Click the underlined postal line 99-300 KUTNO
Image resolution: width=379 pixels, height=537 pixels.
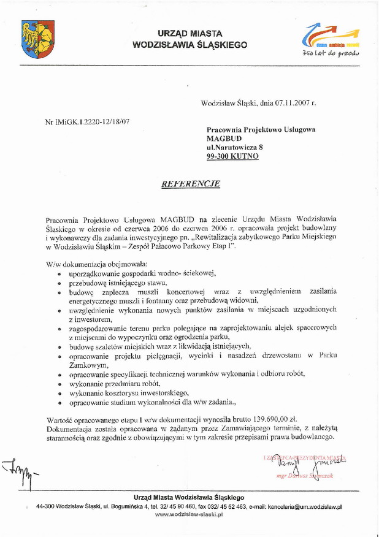[232, 157]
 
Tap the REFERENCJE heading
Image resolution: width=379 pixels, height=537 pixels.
[190, 183]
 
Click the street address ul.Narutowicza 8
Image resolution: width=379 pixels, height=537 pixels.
[234, 148]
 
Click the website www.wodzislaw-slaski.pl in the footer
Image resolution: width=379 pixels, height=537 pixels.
[189, 515]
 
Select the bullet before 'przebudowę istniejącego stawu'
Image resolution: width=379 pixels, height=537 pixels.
[59, 283]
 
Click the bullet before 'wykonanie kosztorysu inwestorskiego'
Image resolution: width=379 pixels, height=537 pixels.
[59, 393]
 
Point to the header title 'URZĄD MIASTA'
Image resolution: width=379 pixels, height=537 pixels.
[189, 33]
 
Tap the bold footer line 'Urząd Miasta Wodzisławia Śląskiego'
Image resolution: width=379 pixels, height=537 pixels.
[189, 497]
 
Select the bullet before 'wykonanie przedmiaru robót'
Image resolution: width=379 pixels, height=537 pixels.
[59, 384]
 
